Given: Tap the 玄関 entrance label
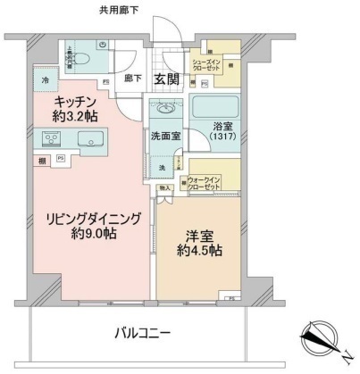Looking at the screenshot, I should [167, 79].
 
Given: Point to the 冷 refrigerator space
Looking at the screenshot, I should [45, 81].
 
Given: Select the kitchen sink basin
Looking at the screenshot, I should [91, 139].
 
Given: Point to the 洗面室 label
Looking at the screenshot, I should [166, 137].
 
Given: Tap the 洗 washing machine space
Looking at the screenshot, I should [163, 167].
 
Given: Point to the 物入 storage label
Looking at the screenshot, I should [164, 188].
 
